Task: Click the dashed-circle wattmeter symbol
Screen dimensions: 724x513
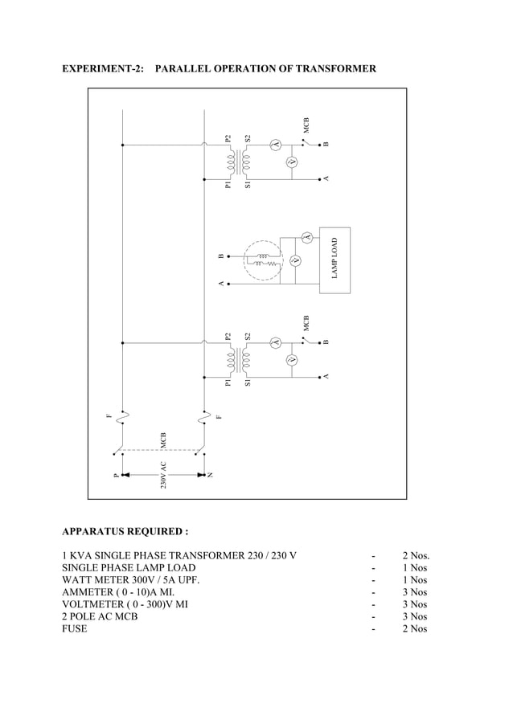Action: pos(265,260)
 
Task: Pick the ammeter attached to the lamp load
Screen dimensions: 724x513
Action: pos(306,236)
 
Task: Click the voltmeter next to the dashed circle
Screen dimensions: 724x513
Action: pos(294,261)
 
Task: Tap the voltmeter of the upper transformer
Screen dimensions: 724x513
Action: pos(293,162)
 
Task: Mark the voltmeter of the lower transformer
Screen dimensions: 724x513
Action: pos(293,359)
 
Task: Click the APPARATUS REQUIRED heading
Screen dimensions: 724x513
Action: pos(125,531)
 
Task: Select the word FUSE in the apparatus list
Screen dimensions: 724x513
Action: pos(75,628)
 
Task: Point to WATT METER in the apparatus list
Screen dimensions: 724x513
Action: pos(92,579)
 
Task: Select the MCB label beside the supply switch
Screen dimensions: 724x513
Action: pos(162,440)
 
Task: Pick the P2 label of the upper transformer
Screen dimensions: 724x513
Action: pos(228,138)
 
